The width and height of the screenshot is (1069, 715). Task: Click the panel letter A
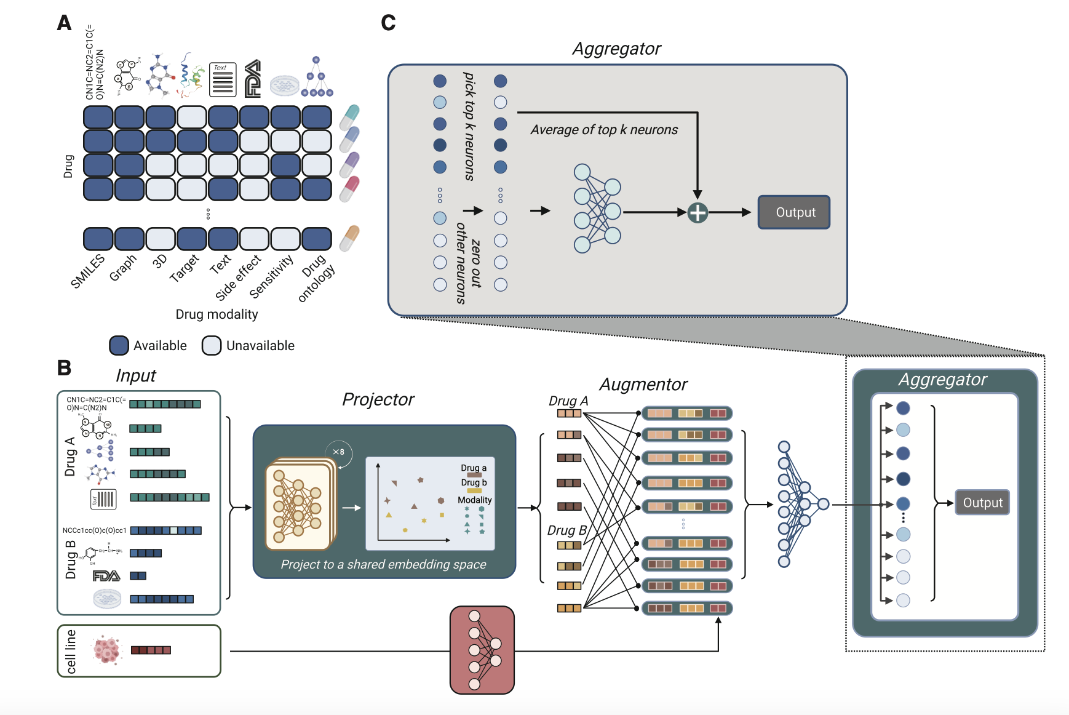click(64, 23)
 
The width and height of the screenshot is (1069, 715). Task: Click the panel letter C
click(388, 23)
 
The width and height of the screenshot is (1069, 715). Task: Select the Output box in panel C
click(794, 212)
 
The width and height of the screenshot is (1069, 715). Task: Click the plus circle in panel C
click(697, 213)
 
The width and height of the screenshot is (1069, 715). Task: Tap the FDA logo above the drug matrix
click(253, 79)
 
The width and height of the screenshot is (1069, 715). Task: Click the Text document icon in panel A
click(223, 80)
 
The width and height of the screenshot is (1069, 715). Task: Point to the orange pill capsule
click(349, 238)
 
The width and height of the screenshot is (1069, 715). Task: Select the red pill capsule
click(349, 189)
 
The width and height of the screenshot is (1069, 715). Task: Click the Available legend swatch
click(119, 346)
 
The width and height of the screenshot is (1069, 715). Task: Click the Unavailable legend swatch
click(212, 346)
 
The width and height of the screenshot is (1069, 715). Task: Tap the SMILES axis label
click(88, 271)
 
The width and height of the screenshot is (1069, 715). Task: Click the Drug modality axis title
click(217, 314)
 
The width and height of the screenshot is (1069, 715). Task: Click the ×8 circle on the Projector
click(338, 452)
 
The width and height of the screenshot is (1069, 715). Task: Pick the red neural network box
click(482, 650)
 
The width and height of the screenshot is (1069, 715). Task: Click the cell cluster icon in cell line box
click(107, 650)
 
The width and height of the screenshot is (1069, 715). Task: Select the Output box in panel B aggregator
click(982, 503)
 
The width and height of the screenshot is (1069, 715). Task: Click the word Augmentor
click(643, 385)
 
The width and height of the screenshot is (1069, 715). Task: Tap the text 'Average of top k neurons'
click(604, 130)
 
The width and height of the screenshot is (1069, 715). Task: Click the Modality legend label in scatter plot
click(474, 500)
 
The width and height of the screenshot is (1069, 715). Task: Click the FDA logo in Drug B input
click(106, 576)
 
